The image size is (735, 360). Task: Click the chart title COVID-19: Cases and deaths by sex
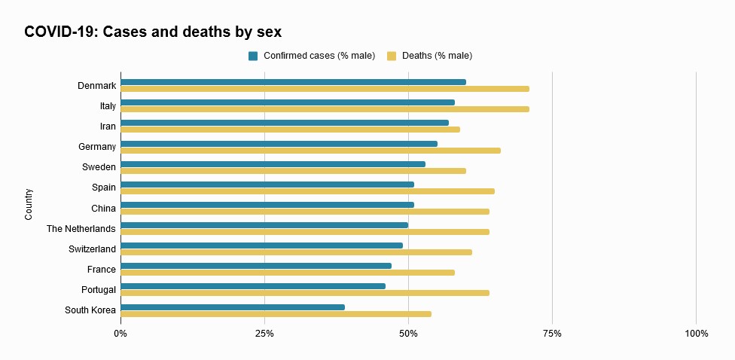point(153,32)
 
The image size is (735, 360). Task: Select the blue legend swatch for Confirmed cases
point(253,56)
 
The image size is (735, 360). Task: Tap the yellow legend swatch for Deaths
point(392,56)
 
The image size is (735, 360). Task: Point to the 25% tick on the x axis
point(264,333)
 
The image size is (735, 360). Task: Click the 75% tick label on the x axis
point(552,333)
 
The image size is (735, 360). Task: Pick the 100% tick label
point(696,333)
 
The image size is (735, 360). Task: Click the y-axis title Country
point(29,204)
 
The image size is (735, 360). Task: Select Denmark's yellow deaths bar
point(324,89)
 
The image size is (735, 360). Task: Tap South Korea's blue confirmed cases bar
point(232,307)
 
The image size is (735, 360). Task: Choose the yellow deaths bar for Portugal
point(304,293)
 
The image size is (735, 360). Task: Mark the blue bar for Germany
point(279,143)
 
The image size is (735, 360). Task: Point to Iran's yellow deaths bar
point(290,130)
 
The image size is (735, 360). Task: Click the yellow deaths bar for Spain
point(307,191)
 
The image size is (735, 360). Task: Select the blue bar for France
point(255,265)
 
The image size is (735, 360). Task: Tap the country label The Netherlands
point(81,228)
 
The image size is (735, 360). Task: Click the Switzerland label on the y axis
point(92,249)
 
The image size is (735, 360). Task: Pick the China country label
point(103,208)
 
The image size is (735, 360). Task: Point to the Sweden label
point(99,167)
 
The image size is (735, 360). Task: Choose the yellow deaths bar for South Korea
point(276,313)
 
